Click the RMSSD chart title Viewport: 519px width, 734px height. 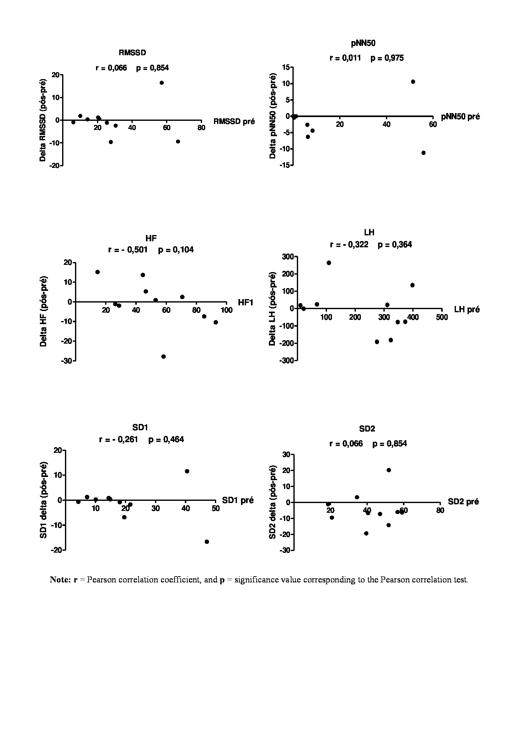point(132,53)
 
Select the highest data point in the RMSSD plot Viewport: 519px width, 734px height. point(162,83)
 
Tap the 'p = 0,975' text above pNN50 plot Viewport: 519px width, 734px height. point(387,58)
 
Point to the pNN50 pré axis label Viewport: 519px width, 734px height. point(460,117)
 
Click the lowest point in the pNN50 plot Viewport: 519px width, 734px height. point(423,153)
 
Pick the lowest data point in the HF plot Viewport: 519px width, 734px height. point(163,356)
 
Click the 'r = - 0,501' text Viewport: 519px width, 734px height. point(128,250)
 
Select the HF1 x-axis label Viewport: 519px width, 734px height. point(245,303)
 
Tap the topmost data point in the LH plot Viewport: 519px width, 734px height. point(329,263)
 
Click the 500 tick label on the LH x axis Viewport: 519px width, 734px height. point(442,318)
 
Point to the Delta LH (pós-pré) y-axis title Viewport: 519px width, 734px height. point(272,308)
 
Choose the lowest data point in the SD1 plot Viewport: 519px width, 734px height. point(207,542)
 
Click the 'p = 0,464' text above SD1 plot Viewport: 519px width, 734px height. point(166,440)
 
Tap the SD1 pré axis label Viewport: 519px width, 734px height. point(238,500)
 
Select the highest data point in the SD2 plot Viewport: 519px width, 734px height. point(389,470)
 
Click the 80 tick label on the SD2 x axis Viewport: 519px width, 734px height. point(440,511)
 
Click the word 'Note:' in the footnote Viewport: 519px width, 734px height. point(60,580)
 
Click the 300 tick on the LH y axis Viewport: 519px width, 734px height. point(287,257)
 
